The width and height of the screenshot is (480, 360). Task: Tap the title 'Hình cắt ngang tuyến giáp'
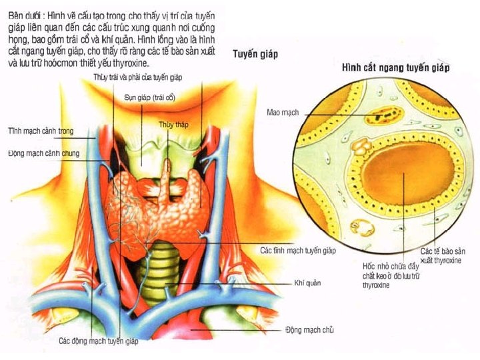point(395,68)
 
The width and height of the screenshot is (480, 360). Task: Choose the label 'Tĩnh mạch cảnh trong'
point(41,131)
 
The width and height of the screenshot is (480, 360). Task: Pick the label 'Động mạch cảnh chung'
point(44,153)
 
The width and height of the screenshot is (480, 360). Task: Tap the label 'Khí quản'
point(307,283)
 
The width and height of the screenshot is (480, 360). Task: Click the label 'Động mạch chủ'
point(309,329)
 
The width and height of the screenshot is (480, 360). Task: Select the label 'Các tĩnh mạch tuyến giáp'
point(297,251)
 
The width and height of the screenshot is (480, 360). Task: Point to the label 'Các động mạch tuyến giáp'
point(99,341)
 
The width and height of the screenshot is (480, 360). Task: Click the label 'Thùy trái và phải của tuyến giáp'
point(138,78)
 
